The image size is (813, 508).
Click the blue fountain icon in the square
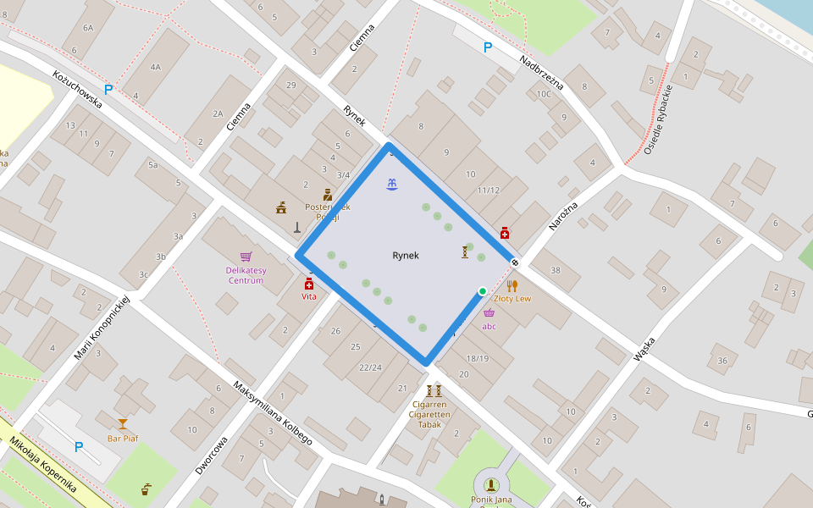coord(391,185)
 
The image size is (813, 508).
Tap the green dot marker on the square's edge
coord(482,291)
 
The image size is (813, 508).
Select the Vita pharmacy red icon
coord(309,284)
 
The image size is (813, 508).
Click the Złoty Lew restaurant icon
coord(512,285)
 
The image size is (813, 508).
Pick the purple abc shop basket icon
coord(489,312)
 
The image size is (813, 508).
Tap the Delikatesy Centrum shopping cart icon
coord(246,257)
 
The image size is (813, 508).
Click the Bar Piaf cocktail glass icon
coord(123,424)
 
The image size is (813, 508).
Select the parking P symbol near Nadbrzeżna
coord(487,48)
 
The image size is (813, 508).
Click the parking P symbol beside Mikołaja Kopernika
coord(79,447)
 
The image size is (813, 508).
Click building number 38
coord(556,271)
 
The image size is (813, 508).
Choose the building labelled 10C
coord(544,94)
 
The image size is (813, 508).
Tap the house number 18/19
coord(478,358)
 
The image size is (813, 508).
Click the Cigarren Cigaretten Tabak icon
coord(434,391)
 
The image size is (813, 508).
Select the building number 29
coord(291,86)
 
